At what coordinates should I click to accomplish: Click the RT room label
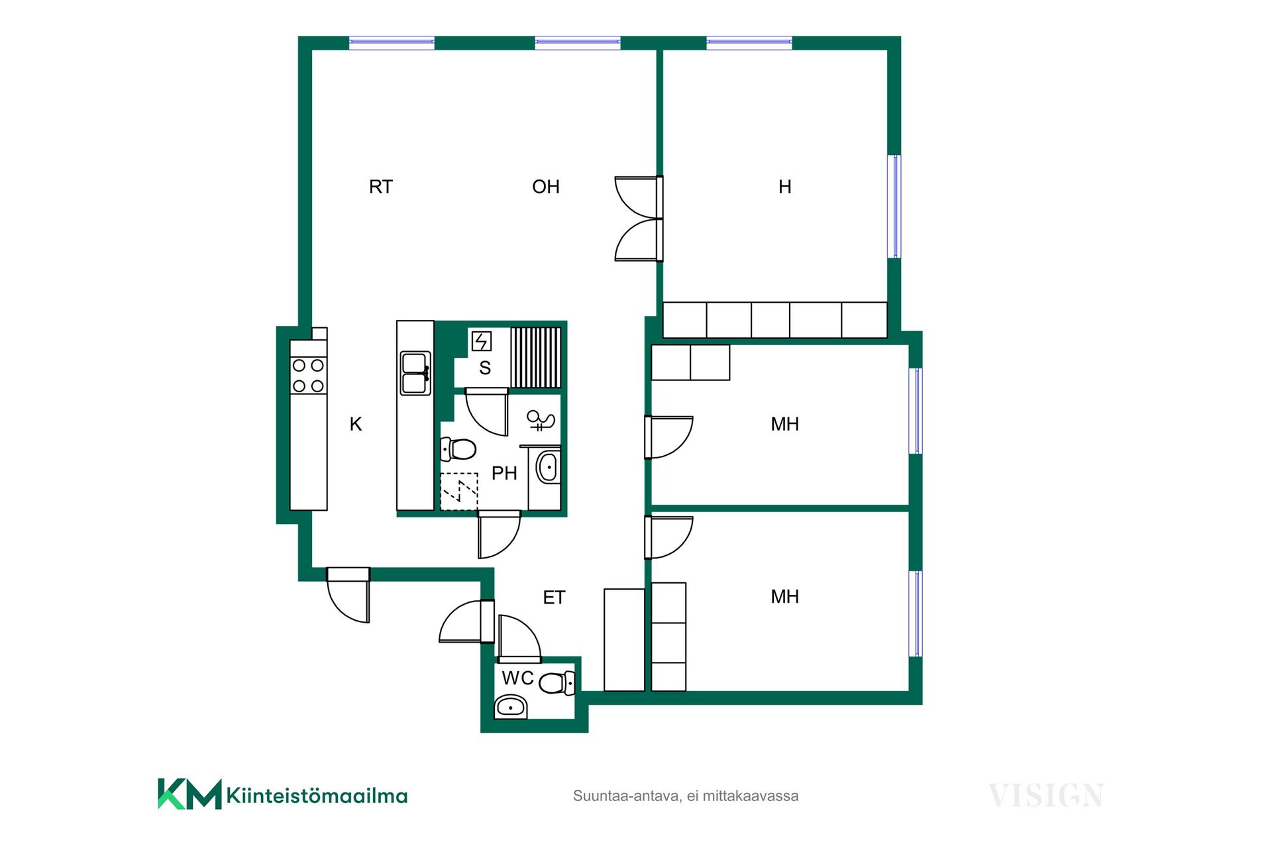[381, 187]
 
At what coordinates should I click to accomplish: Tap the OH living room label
[546, 187]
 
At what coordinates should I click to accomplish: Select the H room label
[785, 187]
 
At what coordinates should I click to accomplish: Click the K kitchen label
[356, 424]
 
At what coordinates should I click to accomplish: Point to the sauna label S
[485, 368]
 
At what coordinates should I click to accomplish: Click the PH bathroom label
[504, 473]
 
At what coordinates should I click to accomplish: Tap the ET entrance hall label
[554, 598]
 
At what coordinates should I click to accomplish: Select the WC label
[518, 678]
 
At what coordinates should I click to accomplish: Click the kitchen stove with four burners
[308, 376]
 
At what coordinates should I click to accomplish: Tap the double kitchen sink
[415, 374]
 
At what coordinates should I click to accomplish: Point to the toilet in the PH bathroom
[458, 449]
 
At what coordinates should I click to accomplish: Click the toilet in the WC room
[556, 683]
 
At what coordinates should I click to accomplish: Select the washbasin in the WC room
[511, 707]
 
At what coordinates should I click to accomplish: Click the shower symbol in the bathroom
[541, 420]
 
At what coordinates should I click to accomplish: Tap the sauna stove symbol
[482, 341]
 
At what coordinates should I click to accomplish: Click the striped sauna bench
[536, 357]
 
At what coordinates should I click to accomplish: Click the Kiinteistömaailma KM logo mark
[189, 794]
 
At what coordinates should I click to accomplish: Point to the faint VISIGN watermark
[1046, 795]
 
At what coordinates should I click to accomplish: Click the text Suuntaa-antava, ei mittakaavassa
[686, 796]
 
